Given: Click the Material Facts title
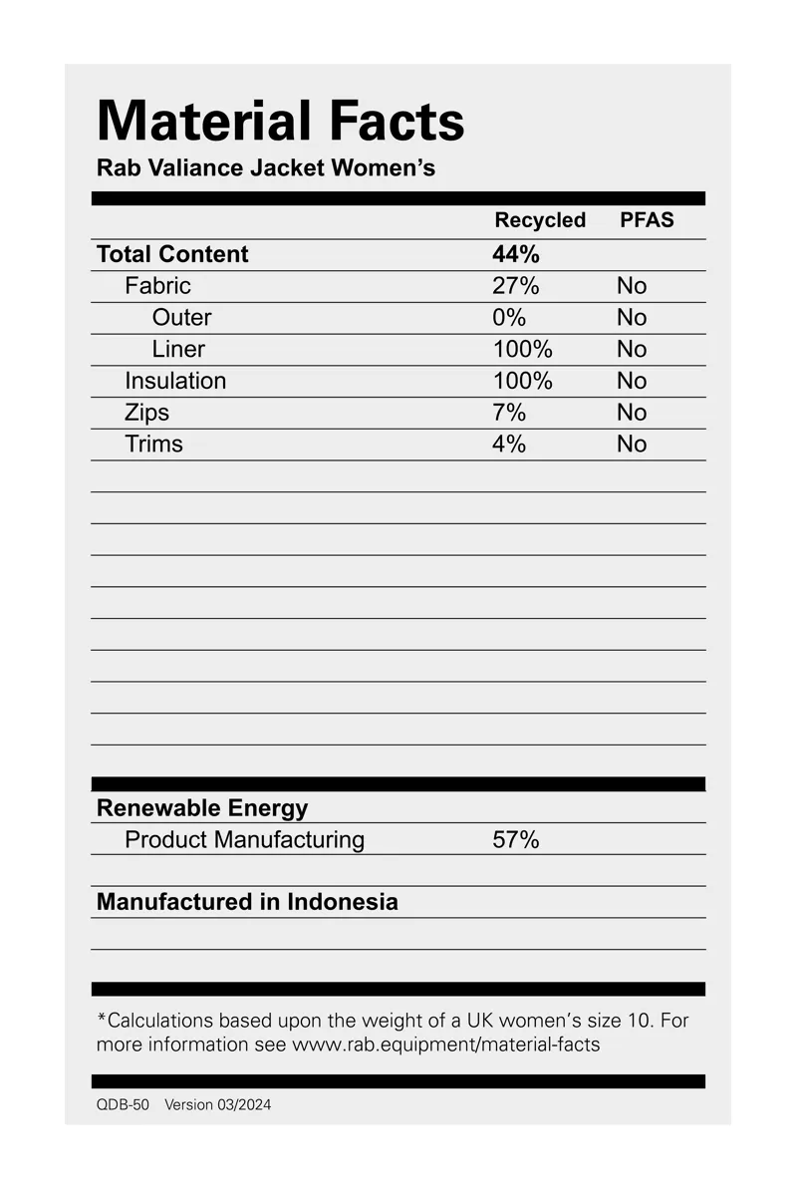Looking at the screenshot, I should tap(280, 122).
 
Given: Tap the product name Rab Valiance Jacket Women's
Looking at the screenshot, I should tap(266, 167).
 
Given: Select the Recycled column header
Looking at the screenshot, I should tap(540, 220).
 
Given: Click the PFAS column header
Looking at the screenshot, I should tap(647, 220).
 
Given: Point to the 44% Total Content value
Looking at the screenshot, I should tap(516, 254).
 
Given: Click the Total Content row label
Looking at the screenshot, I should tap(172, 254).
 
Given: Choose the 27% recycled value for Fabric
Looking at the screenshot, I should tap(515, 286).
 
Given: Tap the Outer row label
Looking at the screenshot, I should tap(181, 318).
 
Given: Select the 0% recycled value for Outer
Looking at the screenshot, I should tap(508, 318).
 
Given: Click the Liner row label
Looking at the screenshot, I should tap(178, 349).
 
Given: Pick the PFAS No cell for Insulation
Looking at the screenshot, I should tap(632, 381).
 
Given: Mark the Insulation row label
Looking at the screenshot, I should tap(175, 381).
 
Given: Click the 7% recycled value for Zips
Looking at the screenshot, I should tap(508, 413).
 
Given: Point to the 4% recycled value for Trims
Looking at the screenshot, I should tap(508, 445).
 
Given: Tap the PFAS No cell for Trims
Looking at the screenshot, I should tap(632, 445).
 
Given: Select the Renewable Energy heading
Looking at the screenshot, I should tap(202, 808).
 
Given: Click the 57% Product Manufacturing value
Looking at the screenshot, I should tap(515, 840).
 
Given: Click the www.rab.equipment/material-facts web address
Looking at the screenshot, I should tap(445, 1046).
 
